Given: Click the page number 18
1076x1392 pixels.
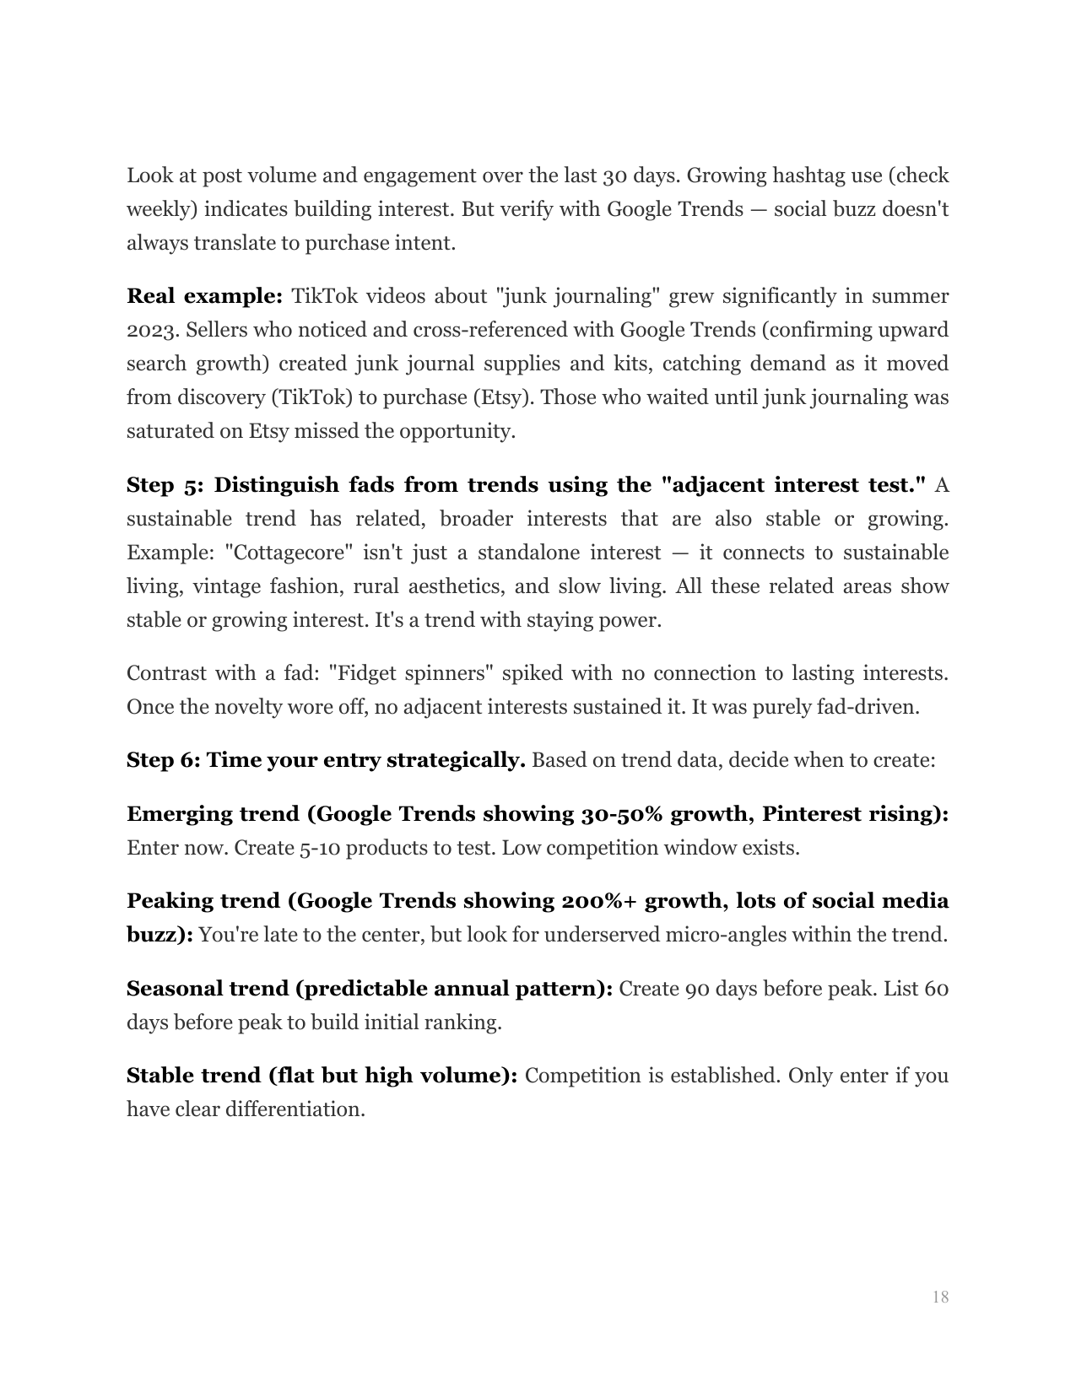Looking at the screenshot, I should click(x=940, y=1297).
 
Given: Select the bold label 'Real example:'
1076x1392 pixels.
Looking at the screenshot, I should click(x=204, y=296).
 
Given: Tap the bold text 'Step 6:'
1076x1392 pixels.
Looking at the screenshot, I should click(x=163, y=760).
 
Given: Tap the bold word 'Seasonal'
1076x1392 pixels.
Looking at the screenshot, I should click(x=174, y=989).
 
